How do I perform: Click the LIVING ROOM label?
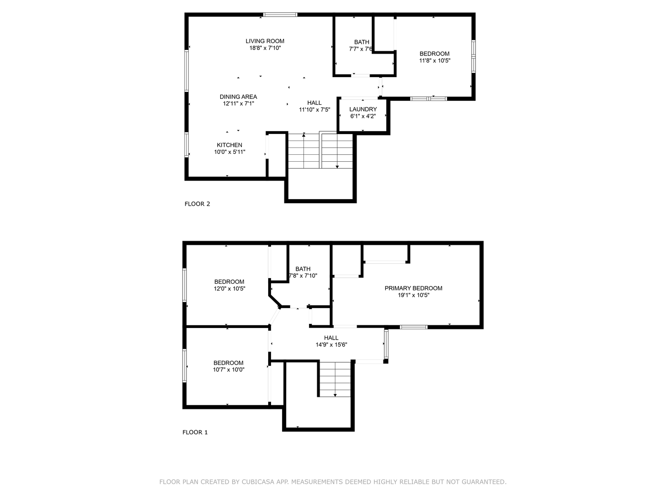[265, 41]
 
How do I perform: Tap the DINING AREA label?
[238, 97]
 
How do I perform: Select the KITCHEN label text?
[229, 145]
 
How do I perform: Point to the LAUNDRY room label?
[363, 110]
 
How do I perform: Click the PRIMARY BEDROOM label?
[413, 288]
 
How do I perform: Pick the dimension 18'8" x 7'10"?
[265, 48]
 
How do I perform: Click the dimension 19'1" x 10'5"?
[413, 295]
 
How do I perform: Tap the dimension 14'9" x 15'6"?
[331, 345]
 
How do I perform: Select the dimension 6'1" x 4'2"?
[363, 116]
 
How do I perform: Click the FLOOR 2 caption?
[197, 204]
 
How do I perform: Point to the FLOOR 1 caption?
[195, 432]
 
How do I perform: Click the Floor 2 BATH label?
[362, 42]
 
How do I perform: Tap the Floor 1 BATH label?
[303, 269]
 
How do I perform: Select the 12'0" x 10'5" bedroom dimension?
[229, 289]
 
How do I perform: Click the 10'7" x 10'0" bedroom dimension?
[228, 370]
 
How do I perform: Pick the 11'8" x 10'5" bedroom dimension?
[434, 61]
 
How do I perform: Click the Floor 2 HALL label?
[314, 103]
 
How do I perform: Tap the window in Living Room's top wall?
[280, 15]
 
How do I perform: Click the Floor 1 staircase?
[334, 379]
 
